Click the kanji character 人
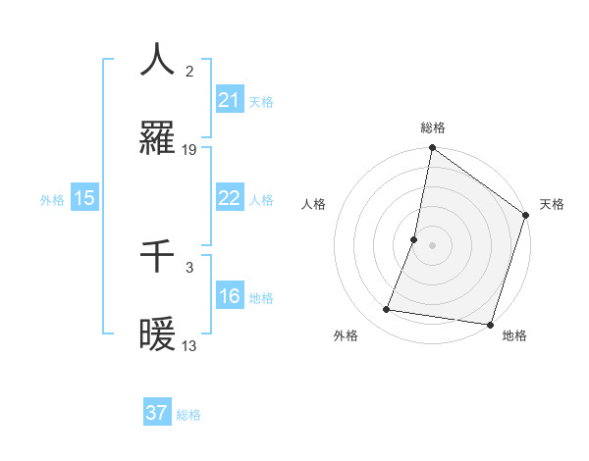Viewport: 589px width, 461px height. pyautogui.click(x=158, y=60)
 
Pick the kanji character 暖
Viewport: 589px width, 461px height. pyautogui.click(x=158, y=335)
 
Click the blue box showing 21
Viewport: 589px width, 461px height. pyautogui.click(x=229, y=100)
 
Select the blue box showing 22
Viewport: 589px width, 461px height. pyautogui.click(x=229, y=198)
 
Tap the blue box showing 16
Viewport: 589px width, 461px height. pyautogui.click(x=229, y=296)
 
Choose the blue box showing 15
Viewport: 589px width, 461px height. pyautogui.click(x=84, y=198)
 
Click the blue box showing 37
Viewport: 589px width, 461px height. pyautogui.click(x=156, y=413)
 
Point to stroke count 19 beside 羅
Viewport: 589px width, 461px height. pyautogui.click(x=189, y=150)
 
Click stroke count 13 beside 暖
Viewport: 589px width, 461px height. pyautogui.click(x=189, y=345)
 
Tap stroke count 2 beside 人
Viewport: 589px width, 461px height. pyautogui.click(x=189, y=71)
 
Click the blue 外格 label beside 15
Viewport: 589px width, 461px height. pyautogui.click(x=52, y=200)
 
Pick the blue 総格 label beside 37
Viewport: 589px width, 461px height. pyautogui.click(x=188, y=415)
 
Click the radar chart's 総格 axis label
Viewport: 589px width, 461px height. pyautogui.click(x=433, y=128)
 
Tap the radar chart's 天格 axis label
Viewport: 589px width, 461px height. pyautogui.click(x=552, y=204)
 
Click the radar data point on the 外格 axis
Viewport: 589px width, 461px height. pyautogui.click(x=387, y=310)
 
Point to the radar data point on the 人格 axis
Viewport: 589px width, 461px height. pyautogui.click(x=414, y=239)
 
